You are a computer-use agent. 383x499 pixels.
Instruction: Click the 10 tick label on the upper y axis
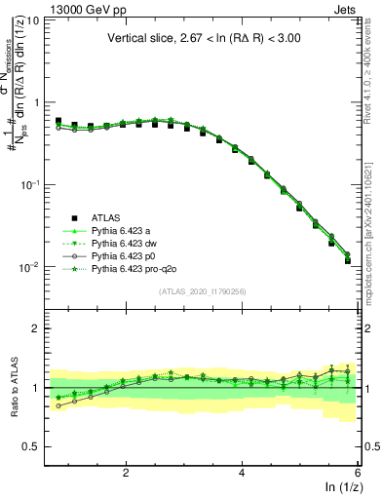[x=32, y=19]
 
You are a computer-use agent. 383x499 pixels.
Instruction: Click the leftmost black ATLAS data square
[x=58, y=122]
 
